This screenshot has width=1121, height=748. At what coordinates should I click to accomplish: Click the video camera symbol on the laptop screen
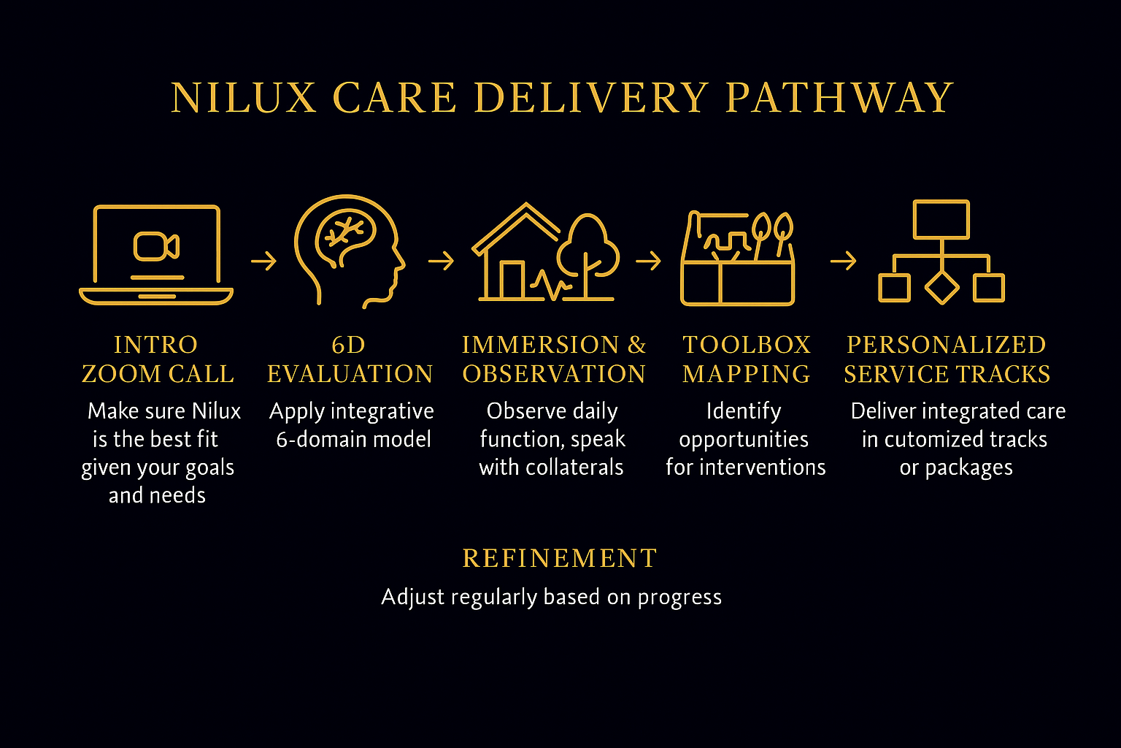click(x=156, y=246)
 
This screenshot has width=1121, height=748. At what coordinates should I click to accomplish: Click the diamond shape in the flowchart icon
click(x=941, y=287)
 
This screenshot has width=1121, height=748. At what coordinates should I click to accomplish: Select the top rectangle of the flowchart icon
click(x=941, y=219)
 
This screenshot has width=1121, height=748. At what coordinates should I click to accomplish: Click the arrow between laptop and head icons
click(x=263, y=261)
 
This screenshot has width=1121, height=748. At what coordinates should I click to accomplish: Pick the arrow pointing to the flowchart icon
click(x=843, y=261)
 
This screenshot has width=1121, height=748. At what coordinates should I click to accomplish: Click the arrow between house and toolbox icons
click(x=648, y=261)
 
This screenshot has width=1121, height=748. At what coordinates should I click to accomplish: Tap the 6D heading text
click(x=348, y=345)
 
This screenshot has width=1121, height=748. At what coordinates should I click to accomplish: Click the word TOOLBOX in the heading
click(x=747, y=345)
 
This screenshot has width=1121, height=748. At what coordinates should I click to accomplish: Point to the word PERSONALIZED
click(x=946, y=345)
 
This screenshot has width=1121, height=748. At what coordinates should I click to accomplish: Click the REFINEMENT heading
click(x=560, y=559)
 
